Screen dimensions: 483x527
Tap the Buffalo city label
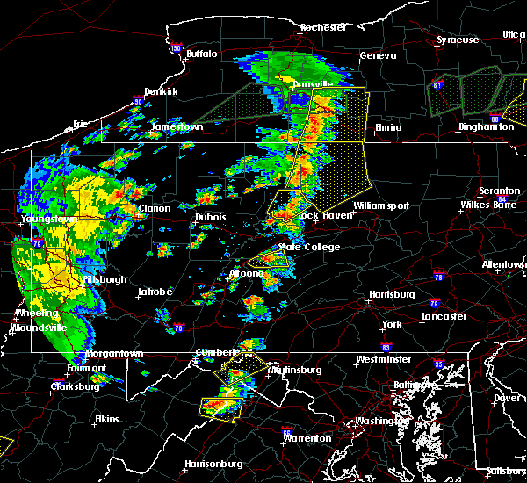pyautogui.click(x=201, y=54)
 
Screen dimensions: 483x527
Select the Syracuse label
pyautogui.click(x=458, y=40)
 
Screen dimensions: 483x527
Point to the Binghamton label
pyautogui.click(x=486, y=127)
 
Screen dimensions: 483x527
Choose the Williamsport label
pyautogui.click(x=381, y=205)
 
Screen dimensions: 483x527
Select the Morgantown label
pyautogui.click(x=113, y=354)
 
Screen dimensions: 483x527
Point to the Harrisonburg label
pyautogui.click(x=213, y=464)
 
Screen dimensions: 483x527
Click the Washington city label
pyautogui.click(x=381, y=421)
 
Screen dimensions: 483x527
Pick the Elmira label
pyautogui.click(x=388, y=128)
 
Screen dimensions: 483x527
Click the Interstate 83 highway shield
pyautogui.click(x=387, y=348)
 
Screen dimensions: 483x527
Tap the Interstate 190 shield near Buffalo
pyautogui.click(x=175, y=48)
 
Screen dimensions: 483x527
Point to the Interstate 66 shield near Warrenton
pyautogui.click(x=286, y=433)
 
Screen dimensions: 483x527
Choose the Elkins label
pyautogui.click(x=106, y=419)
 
